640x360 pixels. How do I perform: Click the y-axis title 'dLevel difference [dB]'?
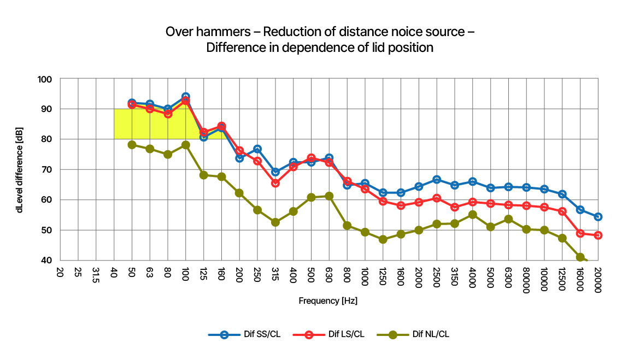(20, 169)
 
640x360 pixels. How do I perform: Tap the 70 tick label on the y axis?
(46, 170)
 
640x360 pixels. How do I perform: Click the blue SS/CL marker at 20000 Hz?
(598, 217)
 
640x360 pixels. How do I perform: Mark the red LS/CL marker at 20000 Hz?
(598, 235)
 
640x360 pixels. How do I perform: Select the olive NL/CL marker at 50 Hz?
(132, 145)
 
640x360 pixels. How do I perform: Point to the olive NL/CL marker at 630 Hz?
(329, 196)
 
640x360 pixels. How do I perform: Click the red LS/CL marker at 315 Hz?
(275, 184)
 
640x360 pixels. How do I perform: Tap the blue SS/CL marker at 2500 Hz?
(437, 180)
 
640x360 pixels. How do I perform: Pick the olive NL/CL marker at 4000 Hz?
(473, 215)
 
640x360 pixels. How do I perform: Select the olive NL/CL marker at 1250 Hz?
(383, 239)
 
